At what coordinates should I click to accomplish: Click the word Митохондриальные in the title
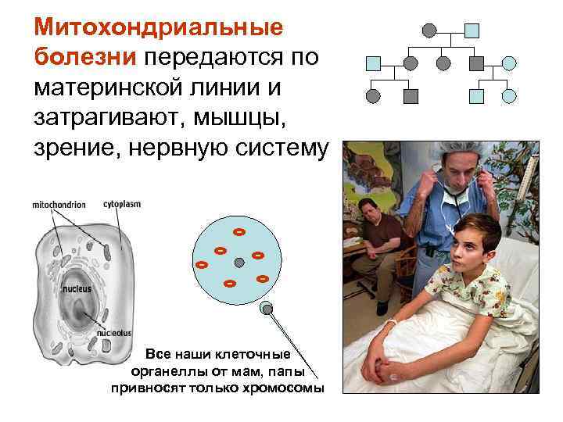click(x=157, y=27)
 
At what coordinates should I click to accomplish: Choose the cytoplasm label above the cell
click(x=122, y=204)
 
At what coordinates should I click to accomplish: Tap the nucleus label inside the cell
click(x=77, y=288)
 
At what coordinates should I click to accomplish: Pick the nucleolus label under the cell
click(x=113, y=332)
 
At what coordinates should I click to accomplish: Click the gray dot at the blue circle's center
click(x=239, y=261)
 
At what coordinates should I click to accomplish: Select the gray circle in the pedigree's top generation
click(x=429, y=30)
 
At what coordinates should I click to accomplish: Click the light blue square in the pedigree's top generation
click(x=471, y=30)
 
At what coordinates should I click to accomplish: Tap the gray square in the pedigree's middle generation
click(x=476, y=63)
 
